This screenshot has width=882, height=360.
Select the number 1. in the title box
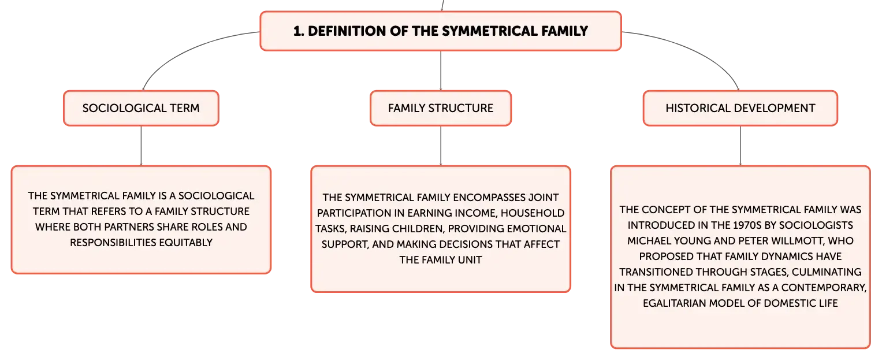click(299, 31)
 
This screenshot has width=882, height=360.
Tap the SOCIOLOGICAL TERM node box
click(141, 108)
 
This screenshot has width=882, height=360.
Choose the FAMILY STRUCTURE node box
click(441, 108)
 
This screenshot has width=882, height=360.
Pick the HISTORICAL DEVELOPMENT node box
click(740, 108)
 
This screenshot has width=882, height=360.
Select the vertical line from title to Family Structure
click(441, 70)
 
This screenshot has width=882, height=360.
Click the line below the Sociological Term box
click(141, 146)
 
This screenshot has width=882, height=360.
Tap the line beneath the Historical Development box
click(740, 146)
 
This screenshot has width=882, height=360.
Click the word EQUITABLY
click(186, 243)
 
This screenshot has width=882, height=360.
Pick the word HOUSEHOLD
click(533, 213)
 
